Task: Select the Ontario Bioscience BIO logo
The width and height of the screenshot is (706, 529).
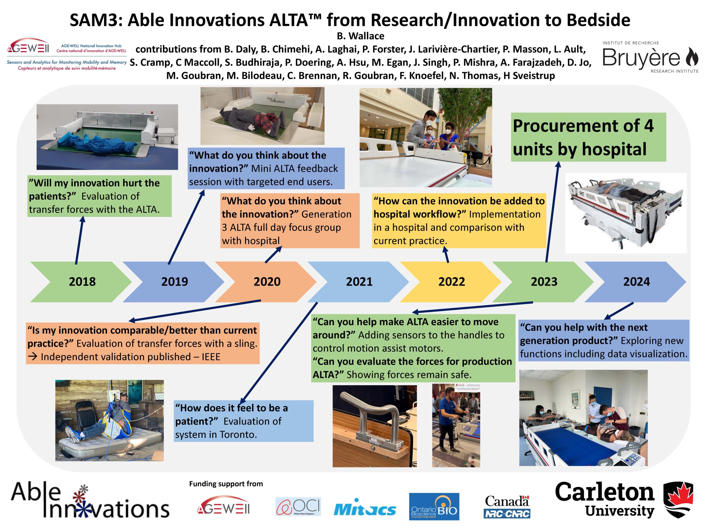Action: click(434, 507)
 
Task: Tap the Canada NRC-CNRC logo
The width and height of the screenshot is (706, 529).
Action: click(507, 507)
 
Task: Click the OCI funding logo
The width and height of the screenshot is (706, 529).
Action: click(298, 507)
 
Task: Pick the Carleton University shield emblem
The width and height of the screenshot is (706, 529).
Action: click(678, 500)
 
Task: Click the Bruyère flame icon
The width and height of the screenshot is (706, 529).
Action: click(692, 57)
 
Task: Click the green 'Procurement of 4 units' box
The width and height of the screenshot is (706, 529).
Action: click(589, 137)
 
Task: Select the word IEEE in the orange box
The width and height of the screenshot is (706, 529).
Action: click(211, 357)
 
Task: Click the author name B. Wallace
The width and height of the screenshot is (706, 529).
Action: click(360, 36)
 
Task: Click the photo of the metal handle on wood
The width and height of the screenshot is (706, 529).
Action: click(375, 426)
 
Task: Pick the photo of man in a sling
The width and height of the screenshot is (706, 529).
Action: click(109, 420)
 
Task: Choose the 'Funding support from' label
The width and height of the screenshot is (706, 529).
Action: click(226, 484)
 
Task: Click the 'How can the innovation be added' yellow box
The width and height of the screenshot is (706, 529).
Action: click(459, 221)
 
